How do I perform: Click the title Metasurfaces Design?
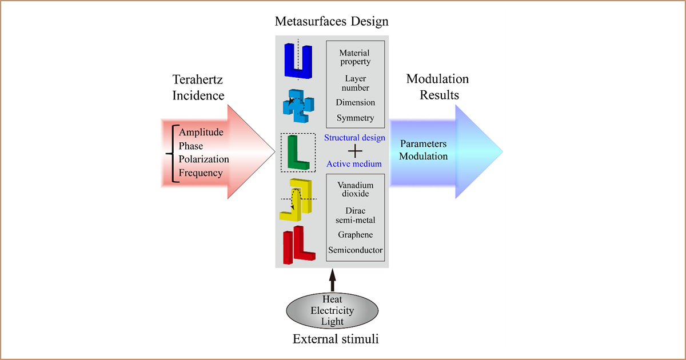point(332,22)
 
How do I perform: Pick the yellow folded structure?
point(296,199)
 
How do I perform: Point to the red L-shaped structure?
point(298,245)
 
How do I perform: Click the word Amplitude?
point(201,132)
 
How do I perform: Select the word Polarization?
point(204,159)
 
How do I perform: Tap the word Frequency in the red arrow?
point(201,173)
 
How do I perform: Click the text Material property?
point(355,57)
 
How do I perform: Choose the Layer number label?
point(355,83)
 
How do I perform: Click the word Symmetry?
point(355,118)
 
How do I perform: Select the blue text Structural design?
point(354,138)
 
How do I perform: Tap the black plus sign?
point(355,151)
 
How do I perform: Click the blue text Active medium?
point(354,164)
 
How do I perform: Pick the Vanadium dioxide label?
point(355,189)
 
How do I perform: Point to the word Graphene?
point(355,235)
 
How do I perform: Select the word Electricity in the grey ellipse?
point(332,311)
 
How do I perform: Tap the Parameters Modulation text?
point(423,150)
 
